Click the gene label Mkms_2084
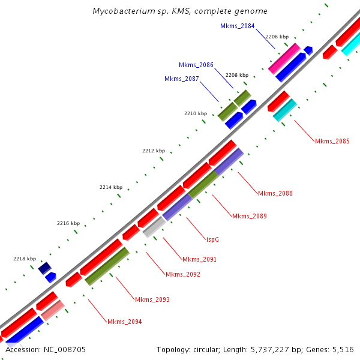pyautogui.click(x=237, y=26)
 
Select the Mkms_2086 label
pyautogui.click(x=196, y=65)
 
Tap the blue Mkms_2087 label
pyautogui.click(x=181, y=79)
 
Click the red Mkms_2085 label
pyautogui.click(x=332, y=142)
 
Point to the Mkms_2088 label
pyautogui.click(x=275, y=193)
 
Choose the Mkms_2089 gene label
pyautogui.click(x=249, y=216)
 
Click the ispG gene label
pyautogui.click(x=212, y=239)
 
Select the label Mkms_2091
pyautogui.click(x=199, y=260)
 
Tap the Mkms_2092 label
pyautogui.click(x=182, y=274)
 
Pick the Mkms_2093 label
pyautogui.click(x=152, y=299)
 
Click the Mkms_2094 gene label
pyautogui.click(x=124, y=322)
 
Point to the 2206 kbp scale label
pyautogui.click(x=277, y=37)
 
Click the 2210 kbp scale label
pyautogui.click(x=196, y=113)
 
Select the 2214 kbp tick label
pyautogui.click(x=111, y=188)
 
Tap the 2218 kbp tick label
pyautogui.click(x=25, y=259)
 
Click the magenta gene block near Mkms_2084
pyautogui.click(x=284, y=58)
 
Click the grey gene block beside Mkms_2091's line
pyautogui.click(x=154, y=227)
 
